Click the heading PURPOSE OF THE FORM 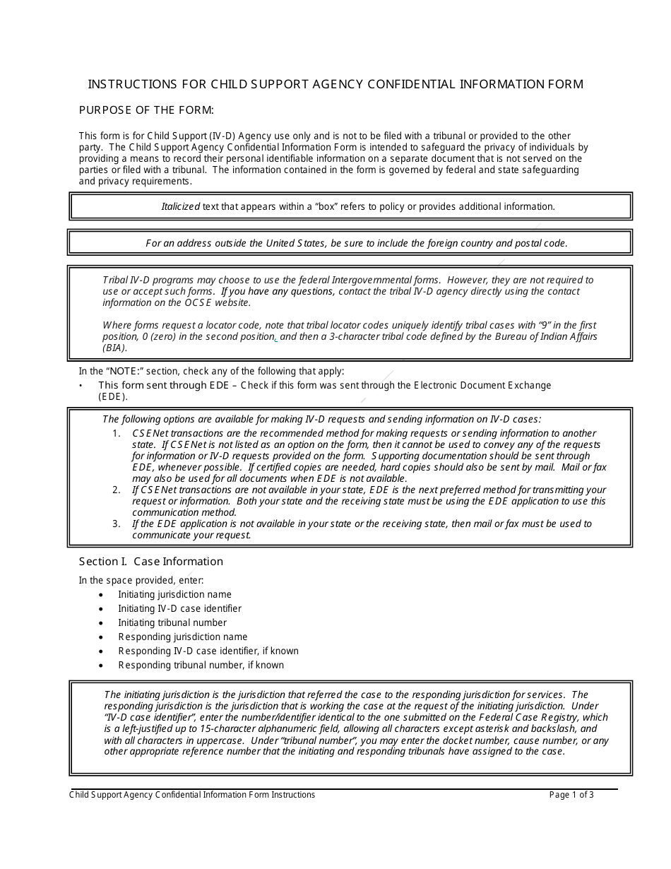click(x=146, y=110)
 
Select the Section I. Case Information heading click(x=150, y=562)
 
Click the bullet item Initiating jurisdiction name click(x=174, y=595)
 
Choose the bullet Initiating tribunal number click(x=172, y=623)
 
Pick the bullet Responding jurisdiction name click(x=182, y=637)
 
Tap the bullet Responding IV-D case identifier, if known click(x=208, y=651)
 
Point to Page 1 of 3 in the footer click(x=571, y=795)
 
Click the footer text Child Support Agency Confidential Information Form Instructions click(x=192, y=795)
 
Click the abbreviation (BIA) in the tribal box click(x=115, y=348)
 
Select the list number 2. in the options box click(x=117, y=490)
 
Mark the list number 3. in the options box click(x=117, y=524)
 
